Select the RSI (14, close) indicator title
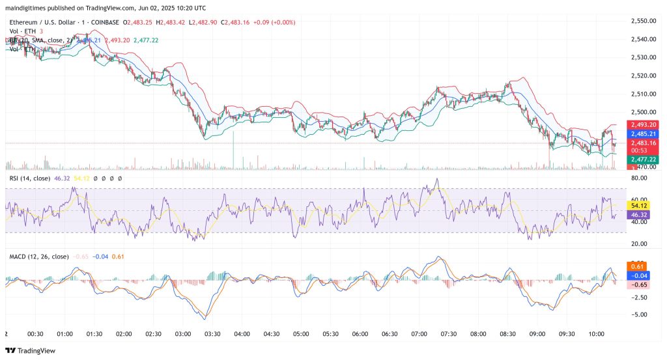point(31,178)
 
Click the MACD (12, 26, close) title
point(38,256)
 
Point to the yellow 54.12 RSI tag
point(639,204)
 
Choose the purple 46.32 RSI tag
point(639,214)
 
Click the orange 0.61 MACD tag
point(638,266)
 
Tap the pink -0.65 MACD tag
point(638,284)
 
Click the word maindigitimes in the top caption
point(26,8)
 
